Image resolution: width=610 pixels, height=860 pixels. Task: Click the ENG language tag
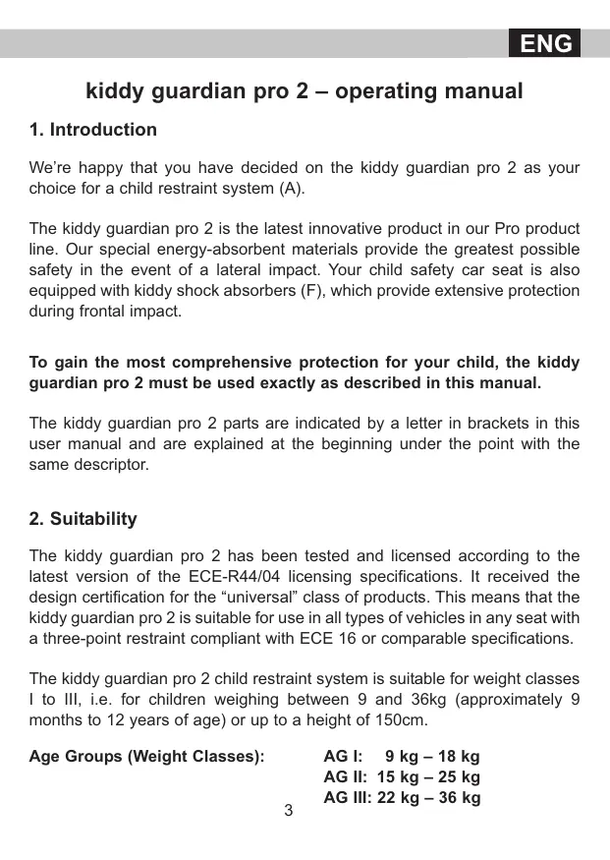(x=545, y=44)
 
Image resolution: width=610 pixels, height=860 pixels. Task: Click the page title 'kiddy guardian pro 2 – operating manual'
(x=305, y=91)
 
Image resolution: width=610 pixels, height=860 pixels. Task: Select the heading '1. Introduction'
(x=93, y=130)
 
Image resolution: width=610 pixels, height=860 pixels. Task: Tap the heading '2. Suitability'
(x=83, y=519)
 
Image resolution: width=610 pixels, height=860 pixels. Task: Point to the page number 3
(x=288, y=811)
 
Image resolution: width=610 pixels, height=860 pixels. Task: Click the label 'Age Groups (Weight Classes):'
(x=146, y=757)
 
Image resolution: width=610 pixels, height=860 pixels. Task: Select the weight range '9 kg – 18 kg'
(x=432, y=757)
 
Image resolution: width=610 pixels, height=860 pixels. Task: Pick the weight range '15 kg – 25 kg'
(x=428, y=777)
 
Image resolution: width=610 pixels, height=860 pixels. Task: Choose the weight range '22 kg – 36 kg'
(x=428, y=798)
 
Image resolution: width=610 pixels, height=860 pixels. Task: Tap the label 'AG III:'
(x=348, y=798)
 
